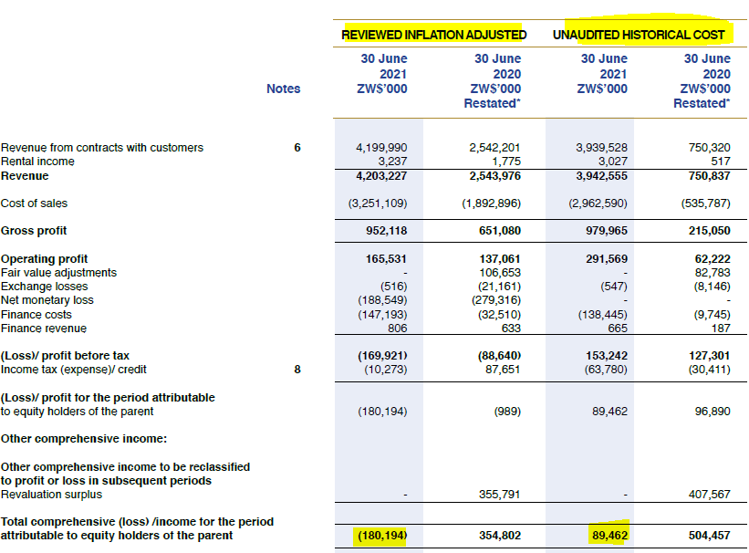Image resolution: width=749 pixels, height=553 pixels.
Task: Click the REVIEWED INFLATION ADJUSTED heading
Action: point(433,35)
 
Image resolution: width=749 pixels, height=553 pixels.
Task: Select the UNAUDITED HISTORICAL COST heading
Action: point(639,35)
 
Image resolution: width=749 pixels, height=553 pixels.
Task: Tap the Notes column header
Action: point(283,89)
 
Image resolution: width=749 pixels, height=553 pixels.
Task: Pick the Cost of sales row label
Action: point(34,203)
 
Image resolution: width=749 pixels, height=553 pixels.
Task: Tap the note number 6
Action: point(296,148)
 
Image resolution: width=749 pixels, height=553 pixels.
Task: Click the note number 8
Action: point(296,370)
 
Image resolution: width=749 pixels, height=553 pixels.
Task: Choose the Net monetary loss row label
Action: point(47,300)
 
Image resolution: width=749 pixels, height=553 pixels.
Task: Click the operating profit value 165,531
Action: point(386,259)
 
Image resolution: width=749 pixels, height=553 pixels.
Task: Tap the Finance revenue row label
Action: point(44,328)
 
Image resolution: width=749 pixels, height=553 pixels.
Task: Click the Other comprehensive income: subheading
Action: point(83,439)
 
